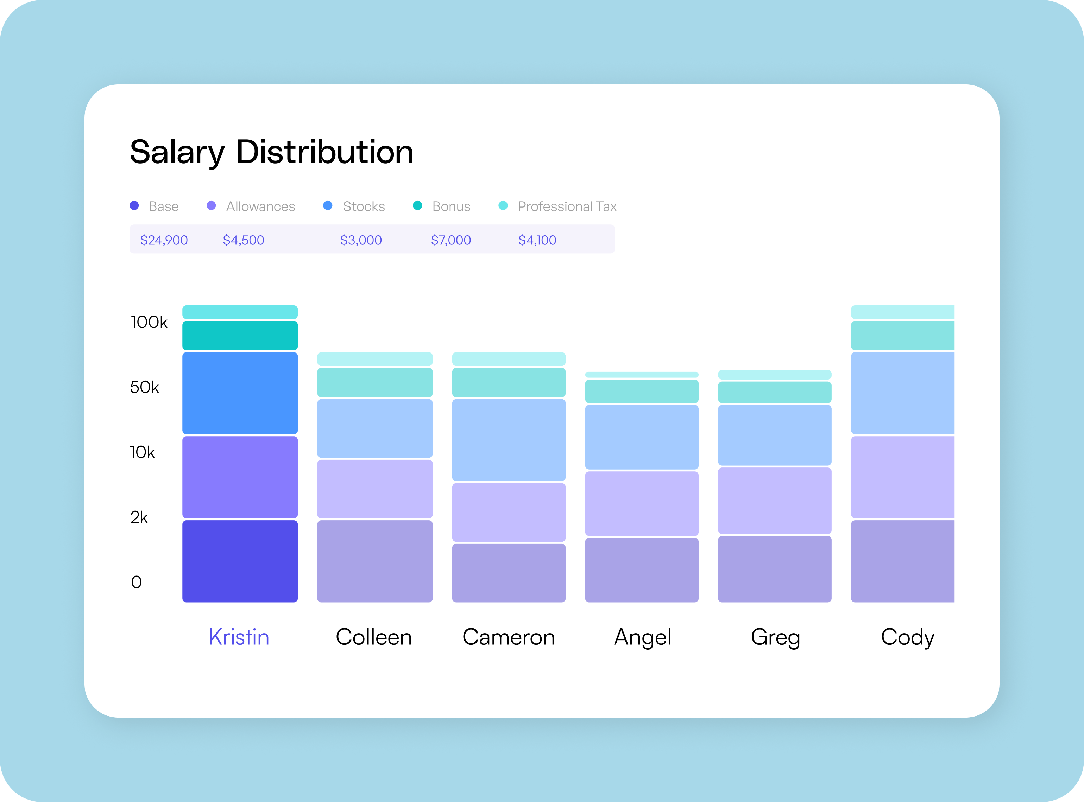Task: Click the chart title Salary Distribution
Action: [x=271, y=152]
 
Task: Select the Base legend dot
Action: [x=134, y=205]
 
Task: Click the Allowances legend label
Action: [x=260, y=206]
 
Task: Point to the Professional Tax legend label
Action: [x=567, y=206]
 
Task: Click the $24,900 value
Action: [x=164, y=240]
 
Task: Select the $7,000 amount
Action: [x=451, y=240]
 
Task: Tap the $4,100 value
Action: [x=537, y=240]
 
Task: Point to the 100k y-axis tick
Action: [x=149, y=322]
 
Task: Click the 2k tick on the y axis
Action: [x=139, y=517]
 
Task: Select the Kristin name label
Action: [x=239, y=637]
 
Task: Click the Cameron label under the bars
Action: [x=509, y=637]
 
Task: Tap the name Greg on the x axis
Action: [x=775, y=637]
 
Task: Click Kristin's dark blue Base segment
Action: [x=240, y=561]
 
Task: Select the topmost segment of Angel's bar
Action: [x=642, y=375]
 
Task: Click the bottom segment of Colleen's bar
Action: [x=374, y=561]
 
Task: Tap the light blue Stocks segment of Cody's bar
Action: [x=902, y=393]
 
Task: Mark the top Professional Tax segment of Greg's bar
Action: [x=775, y=375]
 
